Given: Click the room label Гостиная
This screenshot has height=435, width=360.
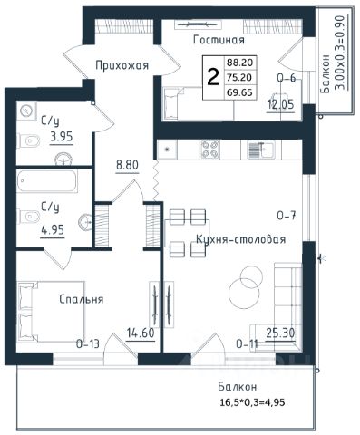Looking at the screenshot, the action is pyautogui.click(x=219, y=40).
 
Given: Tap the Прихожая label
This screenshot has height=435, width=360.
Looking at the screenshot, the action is pyautogui.click(x=122, y=65).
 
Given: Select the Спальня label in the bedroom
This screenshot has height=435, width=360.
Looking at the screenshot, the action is pyautogui.click(x=82, y=299).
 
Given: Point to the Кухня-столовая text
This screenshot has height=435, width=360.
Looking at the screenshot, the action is pyautogui.click(x=241, y=239).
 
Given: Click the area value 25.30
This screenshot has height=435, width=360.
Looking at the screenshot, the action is pyautogui.click(x=280, y=333).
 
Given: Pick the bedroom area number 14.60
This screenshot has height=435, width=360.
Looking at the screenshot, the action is pyautogui.click(x=141, y=333).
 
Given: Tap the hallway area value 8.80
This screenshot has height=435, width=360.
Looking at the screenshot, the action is pyautogui.click(x=127, y=165).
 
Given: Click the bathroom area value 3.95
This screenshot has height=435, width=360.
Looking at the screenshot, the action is pyautogui.click(x=62, y=137).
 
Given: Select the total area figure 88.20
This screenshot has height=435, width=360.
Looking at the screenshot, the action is pyautogui.click(x=239, y=63).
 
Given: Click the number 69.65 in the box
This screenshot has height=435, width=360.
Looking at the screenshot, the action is pyautogui.click(x=239, y=92).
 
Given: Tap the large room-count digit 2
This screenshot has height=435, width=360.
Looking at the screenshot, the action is pyautogui.click(x=213, y=77).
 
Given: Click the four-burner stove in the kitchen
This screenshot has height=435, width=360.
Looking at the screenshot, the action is pyautogui.click(x=209, y=150).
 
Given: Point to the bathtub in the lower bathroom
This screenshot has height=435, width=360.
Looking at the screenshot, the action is pyautogui.click(x=47, y=181).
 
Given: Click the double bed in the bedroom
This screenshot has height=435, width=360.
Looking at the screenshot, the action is pyautogui.click(x=51, y=312).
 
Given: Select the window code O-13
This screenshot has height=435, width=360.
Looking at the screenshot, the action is pyautogui.click(x=88, y=343).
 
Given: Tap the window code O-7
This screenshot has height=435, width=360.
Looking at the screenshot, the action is pyautogui.click(x=287, y=216).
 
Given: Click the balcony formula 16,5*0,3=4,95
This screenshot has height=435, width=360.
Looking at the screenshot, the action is pyautogui.click(x=251, y=402).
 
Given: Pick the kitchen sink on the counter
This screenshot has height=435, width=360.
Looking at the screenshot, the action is pyautogui.click(x=261, y=150).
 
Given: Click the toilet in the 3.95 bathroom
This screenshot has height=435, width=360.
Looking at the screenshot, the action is pyautogui.click(x=29, y=140).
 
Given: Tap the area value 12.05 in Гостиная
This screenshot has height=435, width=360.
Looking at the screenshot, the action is pyautogui.click(x=280, y=104).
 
